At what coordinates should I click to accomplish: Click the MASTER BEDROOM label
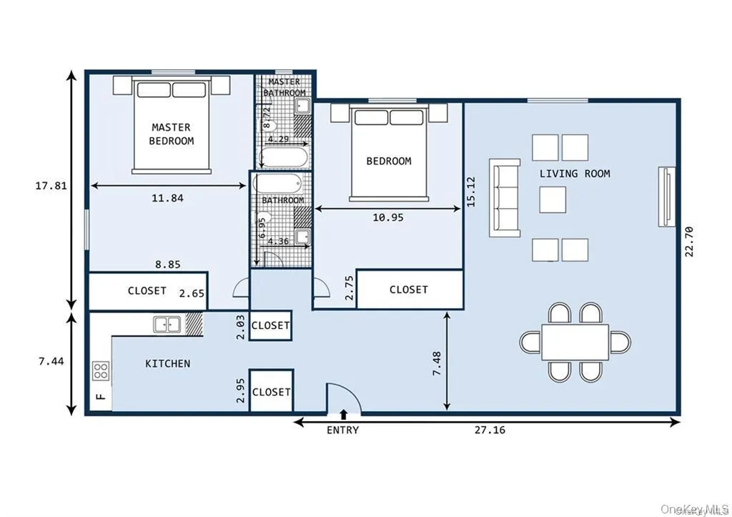(171, 134)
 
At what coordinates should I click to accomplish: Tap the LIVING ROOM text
(575, 174)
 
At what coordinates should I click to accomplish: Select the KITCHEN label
(168, 363)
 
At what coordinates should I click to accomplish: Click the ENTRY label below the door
(342, 430)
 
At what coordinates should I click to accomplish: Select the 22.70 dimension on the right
(690, 243)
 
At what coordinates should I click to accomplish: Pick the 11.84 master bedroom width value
(167, 198)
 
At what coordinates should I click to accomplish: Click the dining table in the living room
(575, 342)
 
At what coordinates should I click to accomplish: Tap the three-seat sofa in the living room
(505, 197)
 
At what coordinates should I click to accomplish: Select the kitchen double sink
(167, 325)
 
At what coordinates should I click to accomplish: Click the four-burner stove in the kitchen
(102, 370)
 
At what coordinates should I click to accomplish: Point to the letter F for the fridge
(101, 395)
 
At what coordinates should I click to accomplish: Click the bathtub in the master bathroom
(284, 157)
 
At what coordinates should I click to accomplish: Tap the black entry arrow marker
(343, 414)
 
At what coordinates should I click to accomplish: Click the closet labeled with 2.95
(272, 391)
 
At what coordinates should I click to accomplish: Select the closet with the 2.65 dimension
(148, 291)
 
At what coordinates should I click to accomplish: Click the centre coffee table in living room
(553, 200)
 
